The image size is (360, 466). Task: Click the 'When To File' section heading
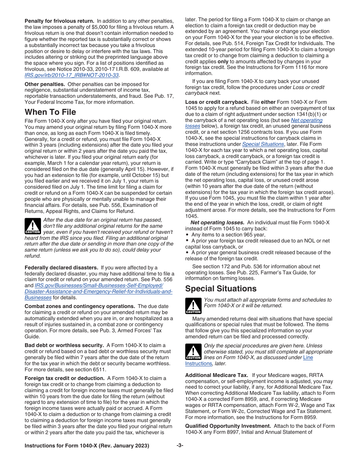[x=50, y=112]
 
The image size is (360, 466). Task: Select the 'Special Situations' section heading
[x=221, y=289]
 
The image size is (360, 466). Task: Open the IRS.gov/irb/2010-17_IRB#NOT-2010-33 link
[x=72, y=75]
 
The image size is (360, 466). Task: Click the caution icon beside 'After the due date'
[x=33, y=226]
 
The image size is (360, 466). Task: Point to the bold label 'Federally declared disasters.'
[x=61, y=268]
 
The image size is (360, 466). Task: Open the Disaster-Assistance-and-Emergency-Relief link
[x=98, y=291]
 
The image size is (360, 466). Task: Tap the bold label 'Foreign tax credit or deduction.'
[x=64, y=378]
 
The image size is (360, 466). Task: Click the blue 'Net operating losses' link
[x=307, y=120]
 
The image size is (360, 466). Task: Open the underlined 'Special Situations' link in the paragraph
[x=263, y=144]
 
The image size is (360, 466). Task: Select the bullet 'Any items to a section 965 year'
[x=228, y=235]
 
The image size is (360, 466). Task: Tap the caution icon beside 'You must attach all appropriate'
[x=193, y=306]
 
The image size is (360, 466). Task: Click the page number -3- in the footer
[x=180, y=446]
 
